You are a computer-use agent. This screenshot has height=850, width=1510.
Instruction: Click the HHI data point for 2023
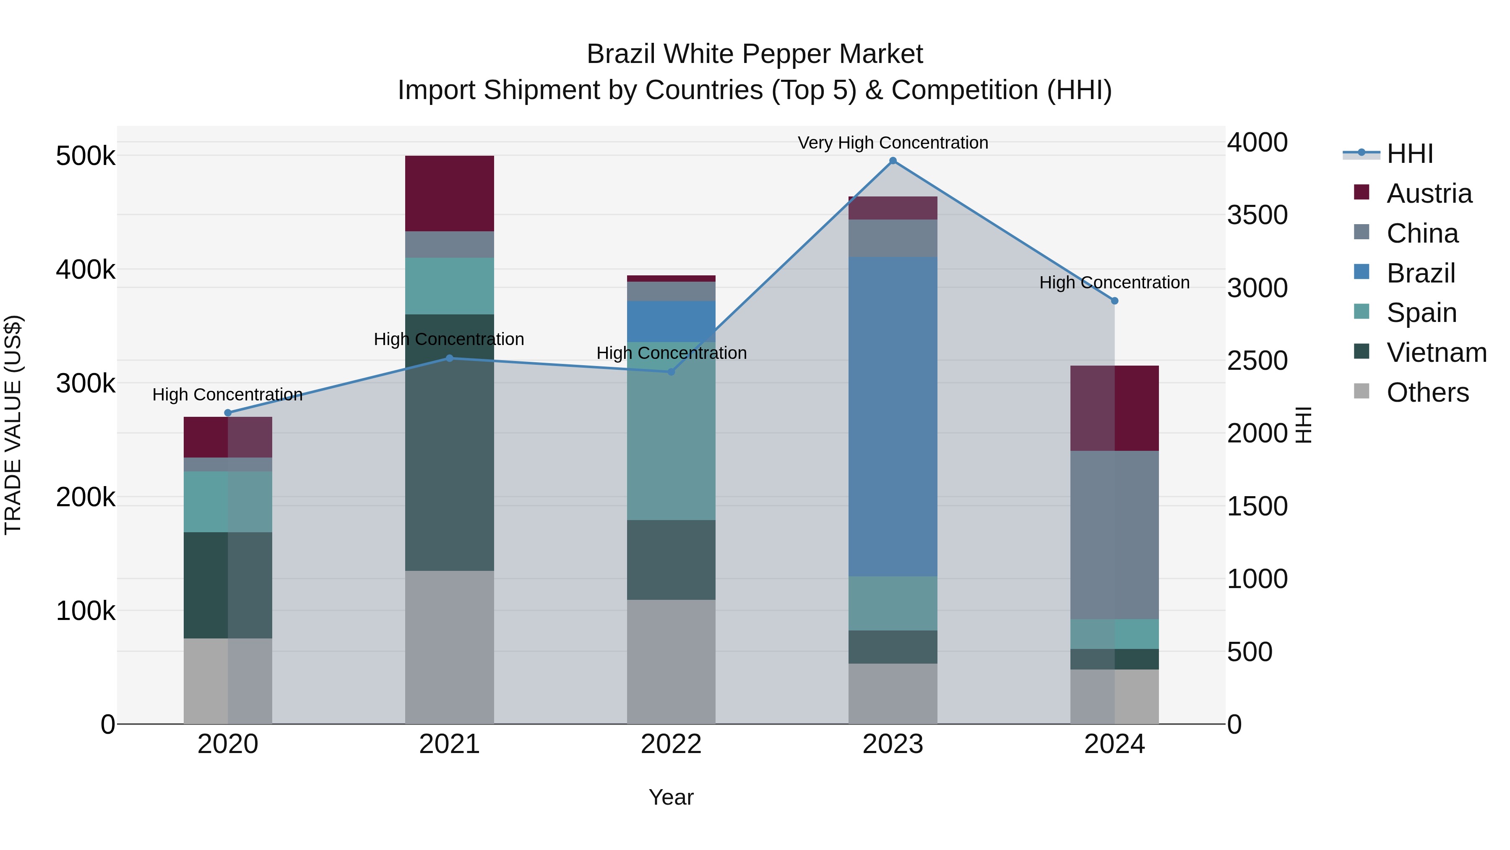click(x=893, y=161)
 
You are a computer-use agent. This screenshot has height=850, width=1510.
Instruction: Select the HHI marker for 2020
click(x=228, y=413)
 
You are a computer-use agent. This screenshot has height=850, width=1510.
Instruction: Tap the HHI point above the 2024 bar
click(x=1114, y=301)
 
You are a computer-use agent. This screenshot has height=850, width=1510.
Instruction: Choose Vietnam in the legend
click(x=1436, y=353)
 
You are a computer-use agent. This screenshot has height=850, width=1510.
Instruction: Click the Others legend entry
click(x=1427, y=392)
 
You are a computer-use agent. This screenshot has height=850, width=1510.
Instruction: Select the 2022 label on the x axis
click(x=671, y=744)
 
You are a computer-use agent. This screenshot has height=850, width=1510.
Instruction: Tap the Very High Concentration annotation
click(x=893, y=143)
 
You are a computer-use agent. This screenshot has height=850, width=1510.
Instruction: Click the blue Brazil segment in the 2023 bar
click(x=893, y=416)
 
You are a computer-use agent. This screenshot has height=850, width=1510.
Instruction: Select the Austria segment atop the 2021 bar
click(x=450, y=194)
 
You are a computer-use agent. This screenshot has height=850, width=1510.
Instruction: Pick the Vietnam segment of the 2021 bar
click(x=450, y=442)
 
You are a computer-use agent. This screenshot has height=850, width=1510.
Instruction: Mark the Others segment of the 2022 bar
click(x=671, y=661)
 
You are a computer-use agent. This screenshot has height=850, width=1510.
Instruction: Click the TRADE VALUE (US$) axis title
click(x=13, y=425)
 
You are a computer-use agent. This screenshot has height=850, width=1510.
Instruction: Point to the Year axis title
click(x=671, y=797)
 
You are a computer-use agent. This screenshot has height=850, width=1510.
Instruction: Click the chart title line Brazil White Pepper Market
click(x=755, y=54)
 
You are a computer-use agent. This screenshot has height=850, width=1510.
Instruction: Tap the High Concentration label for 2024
click(x=1114, y=283)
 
